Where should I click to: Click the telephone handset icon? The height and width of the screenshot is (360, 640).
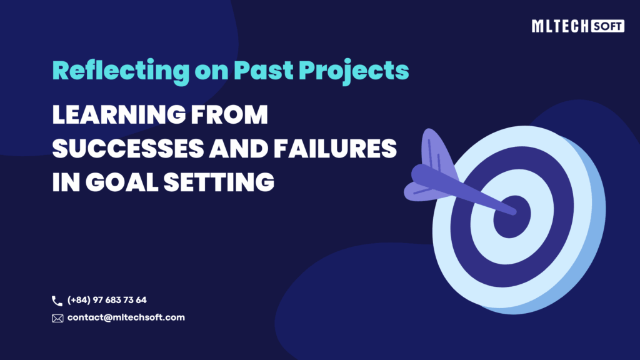pos(57,301)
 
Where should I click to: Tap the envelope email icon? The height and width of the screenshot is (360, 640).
pos(57,318)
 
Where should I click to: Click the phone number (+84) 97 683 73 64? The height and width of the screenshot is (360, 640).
pos(107,301)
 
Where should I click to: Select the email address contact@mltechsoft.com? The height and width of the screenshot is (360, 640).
pos(126,317)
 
